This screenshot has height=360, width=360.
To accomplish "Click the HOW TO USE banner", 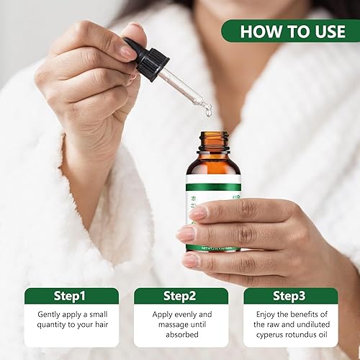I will pyautogui.click(x=289, y=31).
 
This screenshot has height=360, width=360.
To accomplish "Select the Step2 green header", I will pyautogui.click(x=181, y=297).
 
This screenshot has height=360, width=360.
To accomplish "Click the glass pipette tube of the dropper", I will pyautogui.click(x=181, y=89).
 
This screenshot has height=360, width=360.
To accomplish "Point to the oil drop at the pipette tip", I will pyautogui.click(x=207, y=109).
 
